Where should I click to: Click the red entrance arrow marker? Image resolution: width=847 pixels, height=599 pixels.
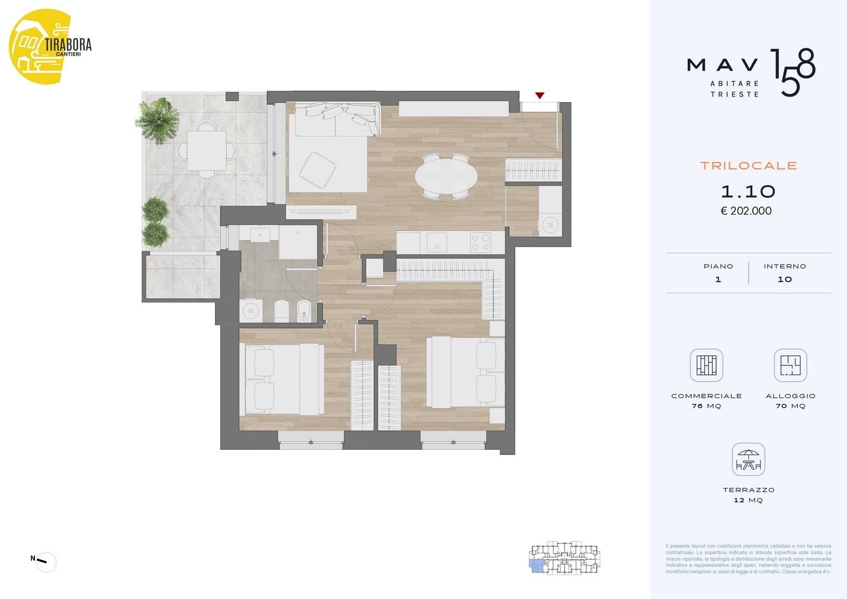click(540, 95)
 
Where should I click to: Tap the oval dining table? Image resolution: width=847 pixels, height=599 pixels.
click(446, 176)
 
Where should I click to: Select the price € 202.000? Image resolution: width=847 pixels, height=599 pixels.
click(746, 211)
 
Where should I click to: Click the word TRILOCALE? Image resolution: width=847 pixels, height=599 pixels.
click(749, 166)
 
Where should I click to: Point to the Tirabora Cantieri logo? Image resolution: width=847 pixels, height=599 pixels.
click(49, 47)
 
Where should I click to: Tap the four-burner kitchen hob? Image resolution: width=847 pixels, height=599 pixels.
click(480, 242)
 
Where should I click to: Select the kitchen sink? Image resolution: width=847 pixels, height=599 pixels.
click(437, 242)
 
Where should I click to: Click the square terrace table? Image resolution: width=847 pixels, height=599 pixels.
click(206, 150)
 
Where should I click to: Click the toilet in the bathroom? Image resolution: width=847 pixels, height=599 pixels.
click(281, 311)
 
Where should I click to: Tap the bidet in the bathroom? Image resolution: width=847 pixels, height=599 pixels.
click(303, 312)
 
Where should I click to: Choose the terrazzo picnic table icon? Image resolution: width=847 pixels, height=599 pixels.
click(748, 459)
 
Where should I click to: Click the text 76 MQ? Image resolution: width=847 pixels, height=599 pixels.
click(706, 406)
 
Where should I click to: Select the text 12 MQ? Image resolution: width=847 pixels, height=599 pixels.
click(748, 500)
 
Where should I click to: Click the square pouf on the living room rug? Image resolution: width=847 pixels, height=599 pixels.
click(318, 170)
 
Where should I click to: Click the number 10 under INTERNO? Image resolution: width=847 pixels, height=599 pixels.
click(785, 280)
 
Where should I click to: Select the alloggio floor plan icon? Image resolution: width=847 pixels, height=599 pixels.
click(790, 366)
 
